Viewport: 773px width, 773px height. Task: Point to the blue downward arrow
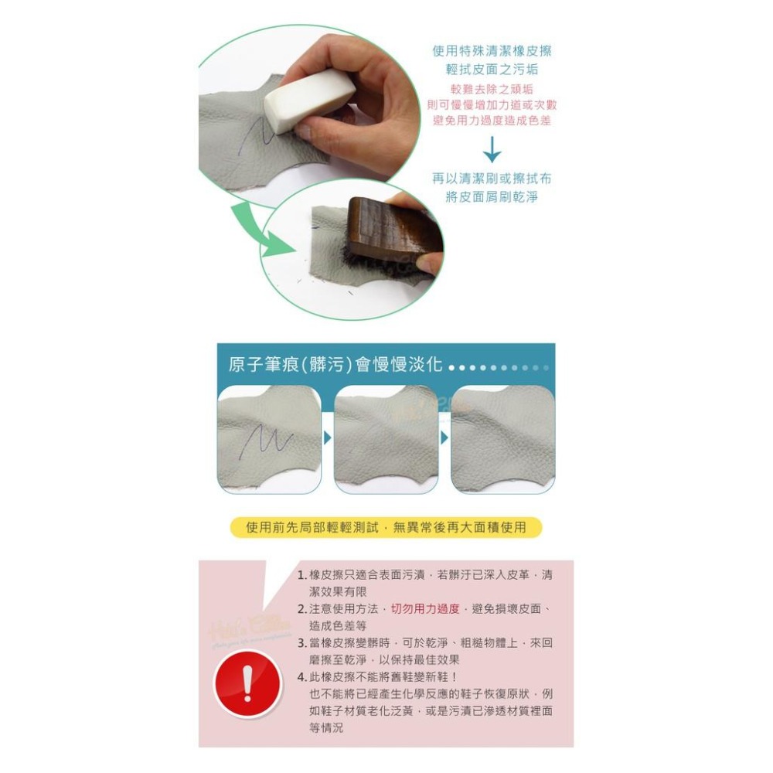coord(492,148)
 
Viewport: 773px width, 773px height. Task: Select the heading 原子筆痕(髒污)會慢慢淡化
coord(335,365)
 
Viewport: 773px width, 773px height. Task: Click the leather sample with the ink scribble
coord(269,438)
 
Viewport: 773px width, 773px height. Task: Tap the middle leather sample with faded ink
coord(386,438)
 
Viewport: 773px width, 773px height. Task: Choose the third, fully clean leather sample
coord(502,438)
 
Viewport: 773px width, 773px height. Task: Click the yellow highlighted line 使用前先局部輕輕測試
coord(386,527)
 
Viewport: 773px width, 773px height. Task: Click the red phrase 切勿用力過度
coord(425,608)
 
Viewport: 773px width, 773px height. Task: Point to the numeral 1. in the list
coord(302,575)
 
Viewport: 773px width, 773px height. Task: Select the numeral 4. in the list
coord(302,677)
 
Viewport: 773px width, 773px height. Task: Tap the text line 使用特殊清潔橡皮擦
coord(492,52)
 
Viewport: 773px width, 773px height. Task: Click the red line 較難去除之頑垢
coord(492,89)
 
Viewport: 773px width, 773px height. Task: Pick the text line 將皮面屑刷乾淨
coord(492,197)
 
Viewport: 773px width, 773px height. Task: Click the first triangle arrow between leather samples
coord(327,438)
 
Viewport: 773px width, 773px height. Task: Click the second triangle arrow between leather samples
coord(444,438)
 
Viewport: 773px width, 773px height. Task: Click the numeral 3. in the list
coord(302,643)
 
